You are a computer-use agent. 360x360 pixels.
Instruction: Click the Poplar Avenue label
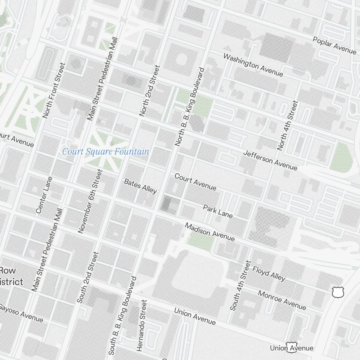[x=334, y=45]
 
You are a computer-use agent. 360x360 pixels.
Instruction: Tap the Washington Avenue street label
[x=253, y=65]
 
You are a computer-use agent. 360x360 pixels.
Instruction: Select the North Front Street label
[x=54, y=90]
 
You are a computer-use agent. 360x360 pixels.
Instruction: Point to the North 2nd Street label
[x=149, y=90]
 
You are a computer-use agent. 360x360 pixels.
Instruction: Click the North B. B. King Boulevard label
[x=189, y=107]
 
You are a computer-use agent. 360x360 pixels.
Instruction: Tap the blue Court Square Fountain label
[x=105, y=152]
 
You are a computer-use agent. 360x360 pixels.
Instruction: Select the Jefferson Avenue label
[x=270, y=160]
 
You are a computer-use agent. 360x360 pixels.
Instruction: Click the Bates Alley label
[x=140, y=186]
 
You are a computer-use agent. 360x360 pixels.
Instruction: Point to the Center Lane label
[x=44, y=195]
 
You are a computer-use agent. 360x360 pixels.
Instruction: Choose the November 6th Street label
[x=90, y=201]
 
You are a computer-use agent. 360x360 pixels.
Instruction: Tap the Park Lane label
[x=218, y=211]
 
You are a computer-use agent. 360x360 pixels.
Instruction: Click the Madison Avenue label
[x=210, y=232]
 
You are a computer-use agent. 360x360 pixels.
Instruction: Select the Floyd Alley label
[x=269, y=274]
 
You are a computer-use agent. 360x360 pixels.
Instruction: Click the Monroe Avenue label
[x=282, y=300]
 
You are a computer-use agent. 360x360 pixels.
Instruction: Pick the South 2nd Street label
[x=87, y=277]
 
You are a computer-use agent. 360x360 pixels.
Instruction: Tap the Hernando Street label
[x=142, y=325]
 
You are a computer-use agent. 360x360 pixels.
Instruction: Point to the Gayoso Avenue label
[x=22, y=312]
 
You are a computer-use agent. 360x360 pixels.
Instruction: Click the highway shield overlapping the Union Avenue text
[x=291, y=347]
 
